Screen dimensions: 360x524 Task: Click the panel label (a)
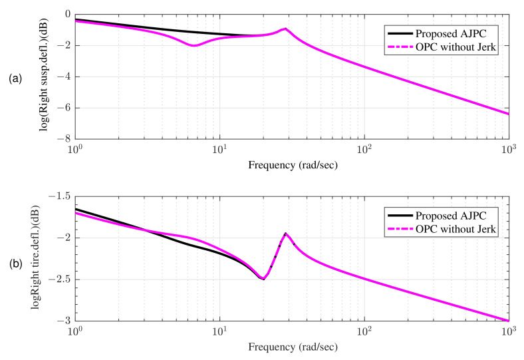pyautogui.click(x=15, y=79)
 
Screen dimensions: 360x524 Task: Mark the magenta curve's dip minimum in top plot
pyautogui.click(x=194, y=45)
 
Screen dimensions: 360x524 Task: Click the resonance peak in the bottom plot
pyautogui.click(x=285, y=234)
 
